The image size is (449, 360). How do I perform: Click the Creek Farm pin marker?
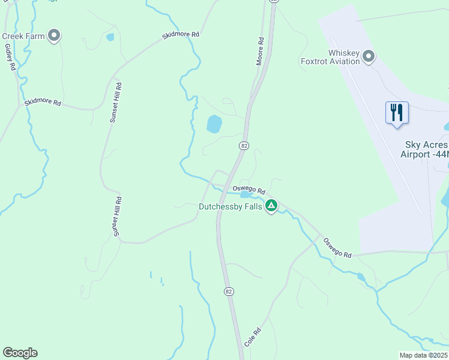point(55,36)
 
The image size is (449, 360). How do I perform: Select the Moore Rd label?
point(261,52)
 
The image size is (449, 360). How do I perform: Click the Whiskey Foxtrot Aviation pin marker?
point(369,57)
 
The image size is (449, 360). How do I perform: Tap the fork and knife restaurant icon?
point(396,112)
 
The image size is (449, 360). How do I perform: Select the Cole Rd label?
point(253,337)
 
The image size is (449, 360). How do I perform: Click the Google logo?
point(20,353)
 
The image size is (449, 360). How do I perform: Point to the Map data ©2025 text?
point(423,355)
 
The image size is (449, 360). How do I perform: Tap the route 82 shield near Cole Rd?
point(229,292)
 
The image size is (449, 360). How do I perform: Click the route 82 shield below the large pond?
point(244,146)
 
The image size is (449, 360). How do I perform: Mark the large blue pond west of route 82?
point(214,124)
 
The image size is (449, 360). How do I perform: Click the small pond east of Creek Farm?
point(110,37)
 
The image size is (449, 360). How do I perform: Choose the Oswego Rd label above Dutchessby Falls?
point(249,189)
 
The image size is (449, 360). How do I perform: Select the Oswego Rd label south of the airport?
point(337,248)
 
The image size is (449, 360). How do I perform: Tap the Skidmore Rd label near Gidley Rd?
point(43,103)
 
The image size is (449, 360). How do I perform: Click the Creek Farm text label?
point(23,37)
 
